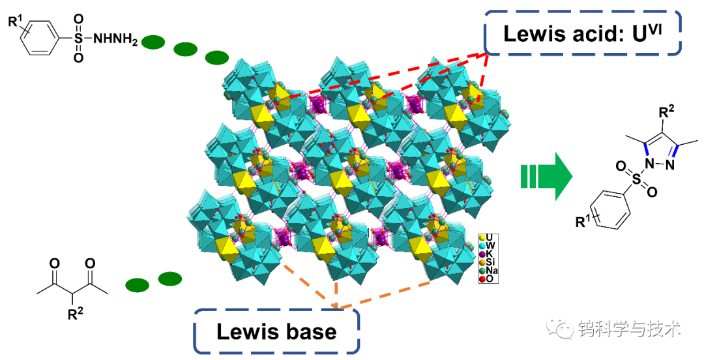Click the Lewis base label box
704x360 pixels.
(276, 331)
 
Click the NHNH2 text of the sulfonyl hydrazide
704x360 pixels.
(115, 40)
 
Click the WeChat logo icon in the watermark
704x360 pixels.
(559, 328)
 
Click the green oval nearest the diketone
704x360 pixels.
(137, 285)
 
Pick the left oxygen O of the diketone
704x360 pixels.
(55, 263)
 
